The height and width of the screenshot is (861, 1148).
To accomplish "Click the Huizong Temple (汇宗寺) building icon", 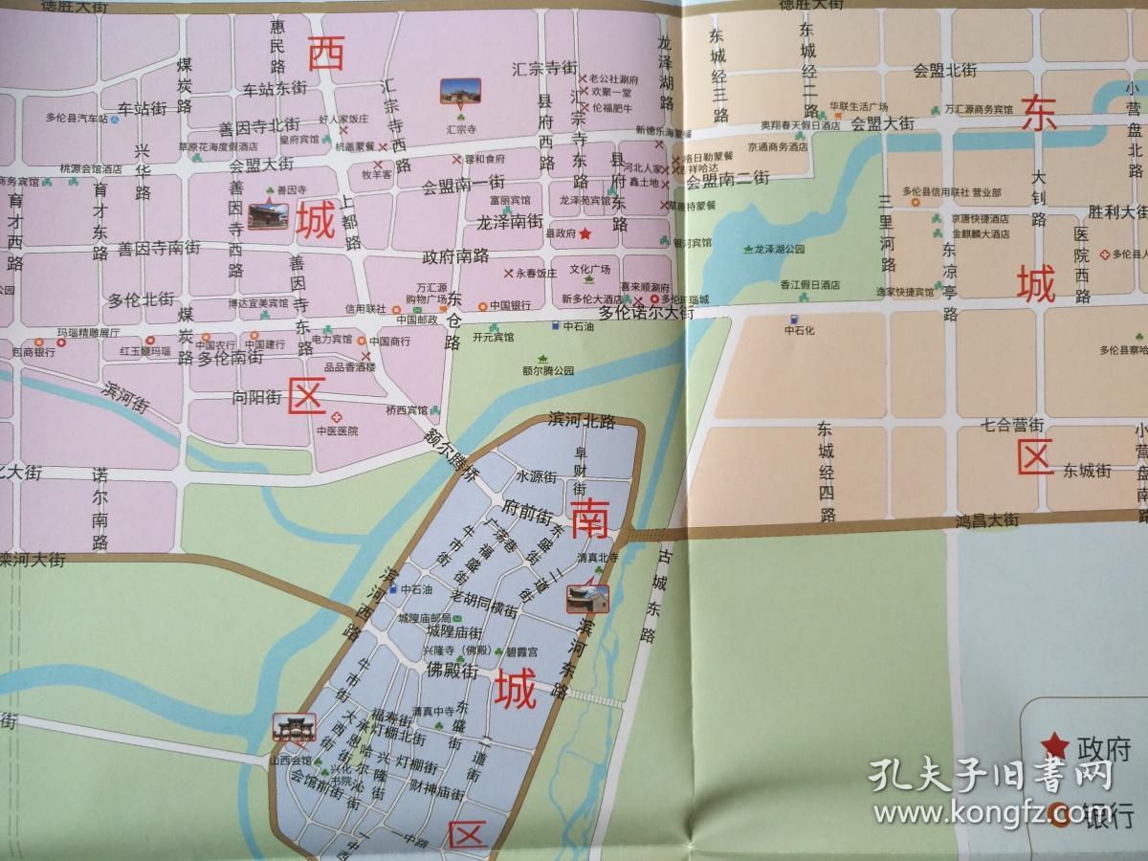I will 460,92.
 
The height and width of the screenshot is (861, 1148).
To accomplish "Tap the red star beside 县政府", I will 585,232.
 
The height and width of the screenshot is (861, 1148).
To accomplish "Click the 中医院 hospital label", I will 337,430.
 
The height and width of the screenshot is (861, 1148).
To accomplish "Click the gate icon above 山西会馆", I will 291,728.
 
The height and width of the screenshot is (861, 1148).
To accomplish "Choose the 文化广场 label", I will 590,268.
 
